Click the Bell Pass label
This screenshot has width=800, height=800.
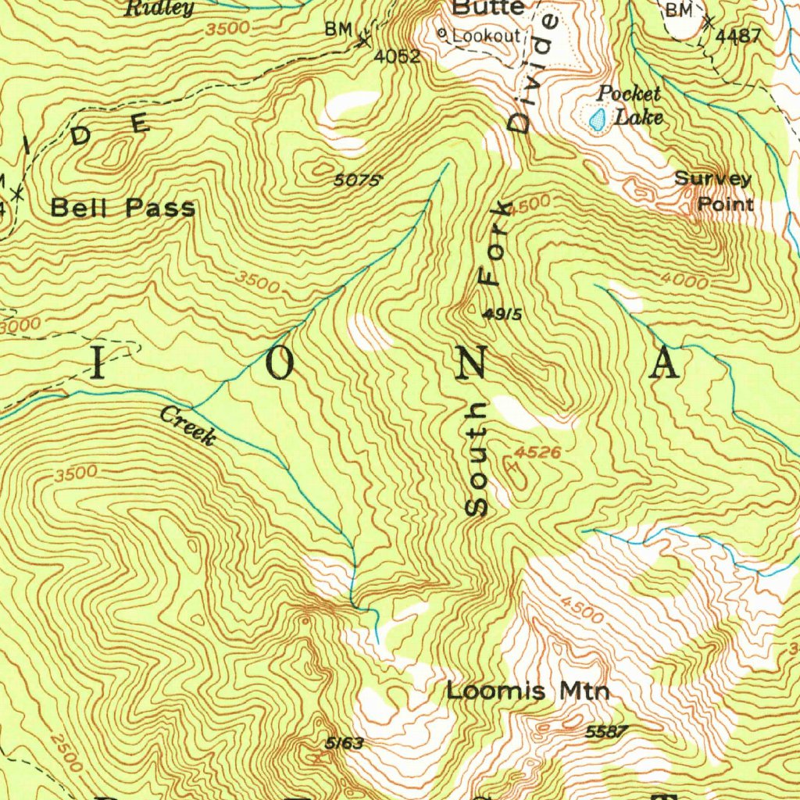tap(123, 208)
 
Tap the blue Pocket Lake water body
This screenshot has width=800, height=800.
tap(598, 119)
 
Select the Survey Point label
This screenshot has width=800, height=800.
tap(713, 192)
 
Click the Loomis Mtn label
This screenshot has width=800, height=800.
tap(527, 691)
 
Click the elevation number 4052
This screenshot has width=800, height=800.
tap(397, 56)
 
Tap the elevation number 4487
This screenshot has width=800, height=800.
tap(738, 36)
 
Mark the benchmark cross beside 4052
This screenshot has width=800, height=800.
tap(364, 41)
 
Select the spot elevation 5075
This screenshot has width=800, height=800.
tap(357, 180)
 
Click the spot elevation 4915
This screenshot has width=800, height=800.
tap(502, 314)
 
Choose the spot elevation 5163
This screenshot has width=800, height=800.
tap(345, 742)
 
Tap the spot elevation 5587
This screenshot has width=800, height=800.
tap(606, 731)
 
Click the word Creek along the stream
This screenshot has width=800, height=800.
tap(187, 427)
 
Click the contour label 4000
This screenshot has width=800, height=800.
tap(684, 279)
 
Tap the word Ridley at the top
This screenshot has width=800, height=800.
tap(159, 9)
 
